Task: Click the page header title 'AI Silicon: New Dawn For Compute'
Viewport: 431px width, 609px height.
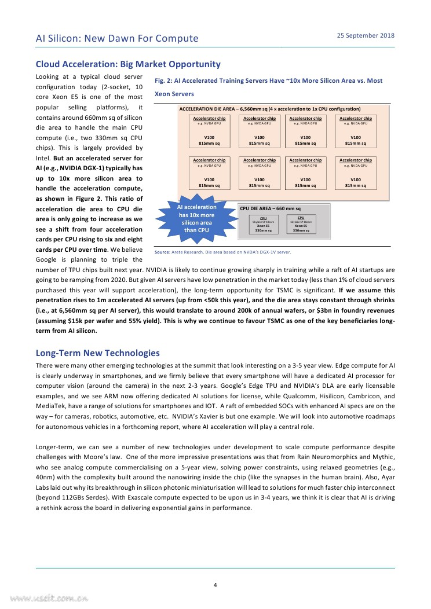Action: tap(117, 39)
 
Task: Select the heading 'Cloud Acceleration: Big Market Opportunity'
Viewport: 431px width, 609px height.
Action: tap(128, 64)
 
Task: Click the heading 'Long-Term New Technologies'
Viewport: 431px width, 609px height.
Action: tap(98, 353)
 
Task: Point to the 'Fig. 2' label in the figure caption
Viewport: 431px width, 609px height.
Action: tap(164, 81)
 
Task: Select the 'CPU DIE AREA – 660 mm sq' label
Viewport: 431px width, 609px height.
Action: tap(270, 208)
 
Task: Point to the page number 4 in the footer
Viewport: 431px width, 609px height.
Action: tap(215, 585)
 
